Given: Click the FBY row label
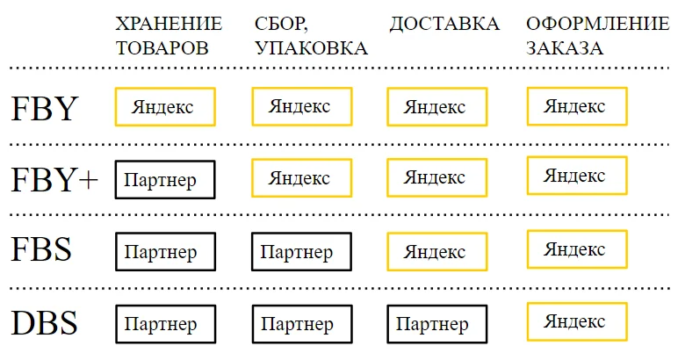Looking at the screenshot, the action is click(44, 108).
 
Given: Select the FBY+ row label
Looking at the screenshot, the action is click(54, 179).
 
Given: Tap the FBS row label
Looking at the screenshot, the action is click(41, 249).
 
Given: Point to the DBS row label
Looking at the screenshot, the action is click(44, 322).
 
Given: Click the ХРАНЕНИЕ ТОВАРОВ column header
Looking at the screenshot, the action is click(169, 35).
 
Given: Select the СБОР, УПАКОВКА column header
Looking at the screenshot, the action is click(311, 35).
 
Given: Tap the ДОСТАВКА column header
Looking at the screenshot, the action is click(444, 25).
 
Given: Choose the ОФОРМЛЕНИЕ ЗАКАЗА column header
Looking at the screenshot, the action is click(597, 35).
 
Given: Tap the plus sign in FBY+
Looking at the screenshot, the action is click(89, 180).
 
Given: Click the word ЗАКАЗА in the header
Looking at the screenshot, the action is click(565, 47).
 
